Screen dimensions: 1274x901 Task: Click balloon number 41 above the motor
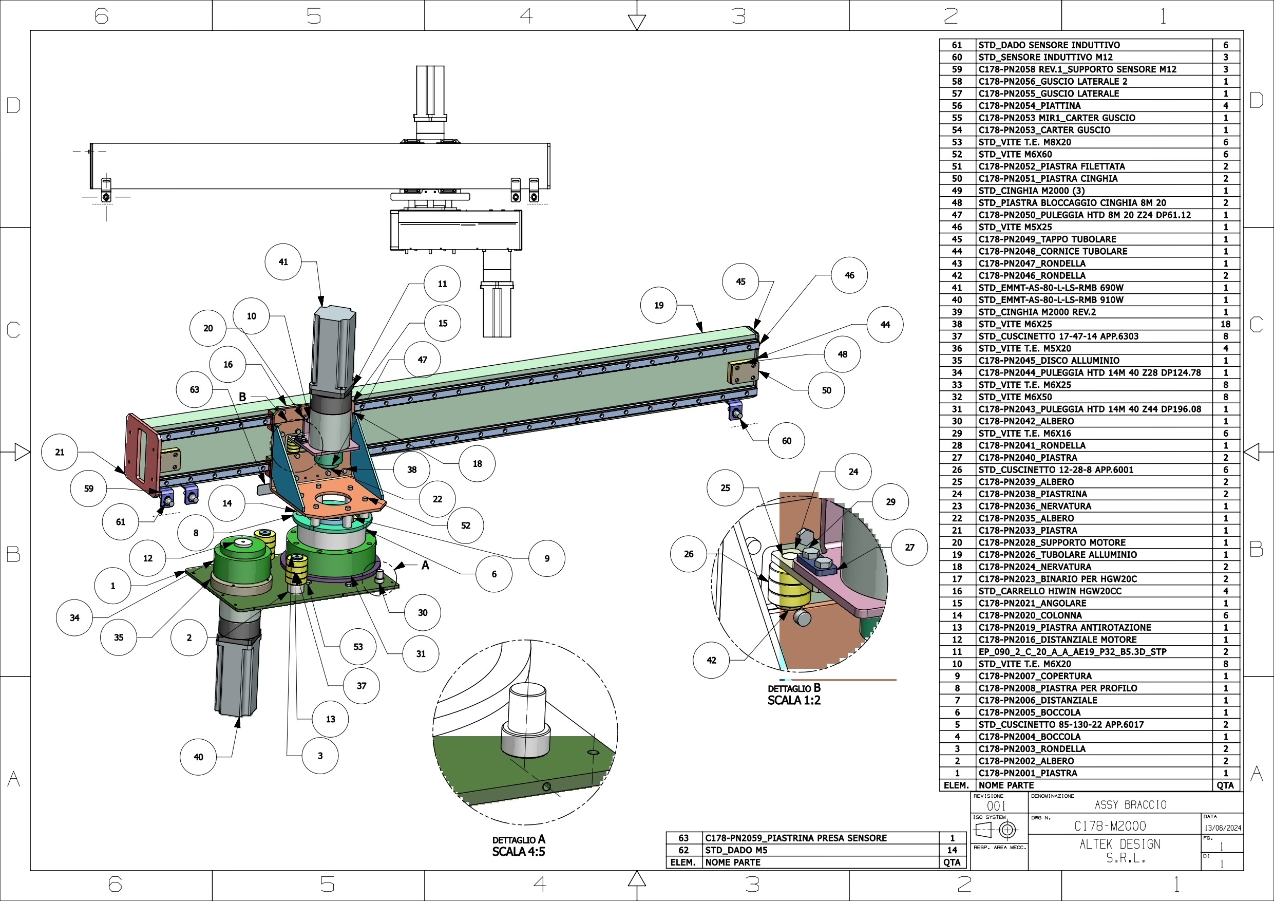tap(283, 262)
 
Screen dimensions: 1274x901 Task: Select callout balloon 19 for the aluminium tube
tap(659, 305)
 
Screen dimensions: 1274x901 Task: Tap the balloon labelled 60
tap(786, 441)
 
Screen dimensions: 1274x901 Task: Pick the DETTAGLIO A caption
tap(519, 840)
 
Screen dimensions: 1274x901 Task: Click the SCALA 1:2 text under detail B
tap(794, 701)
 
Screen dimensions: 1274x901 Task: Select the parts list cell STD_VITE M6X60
tap(1015, 154)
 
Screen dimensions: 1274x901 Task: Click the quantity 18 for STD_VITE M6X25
tap(1225, 324)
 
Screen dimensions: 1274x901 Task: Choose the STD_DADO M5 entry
tap(736, 851)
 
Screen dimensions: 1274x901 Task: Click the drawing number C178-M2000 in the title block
tap(1110, 826)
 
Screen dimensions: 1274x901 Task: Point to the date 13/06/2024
tap(1223, 828)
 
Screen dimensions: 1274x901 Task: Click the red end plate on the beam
tap(143, 455)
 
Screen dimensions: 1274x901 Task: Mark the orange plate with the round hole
tap(339, 498)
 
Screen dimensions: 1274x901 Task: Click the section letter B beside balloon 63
tap(242, 397)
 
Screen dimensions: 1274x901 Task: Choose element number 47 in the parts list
tap(957, 215)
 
